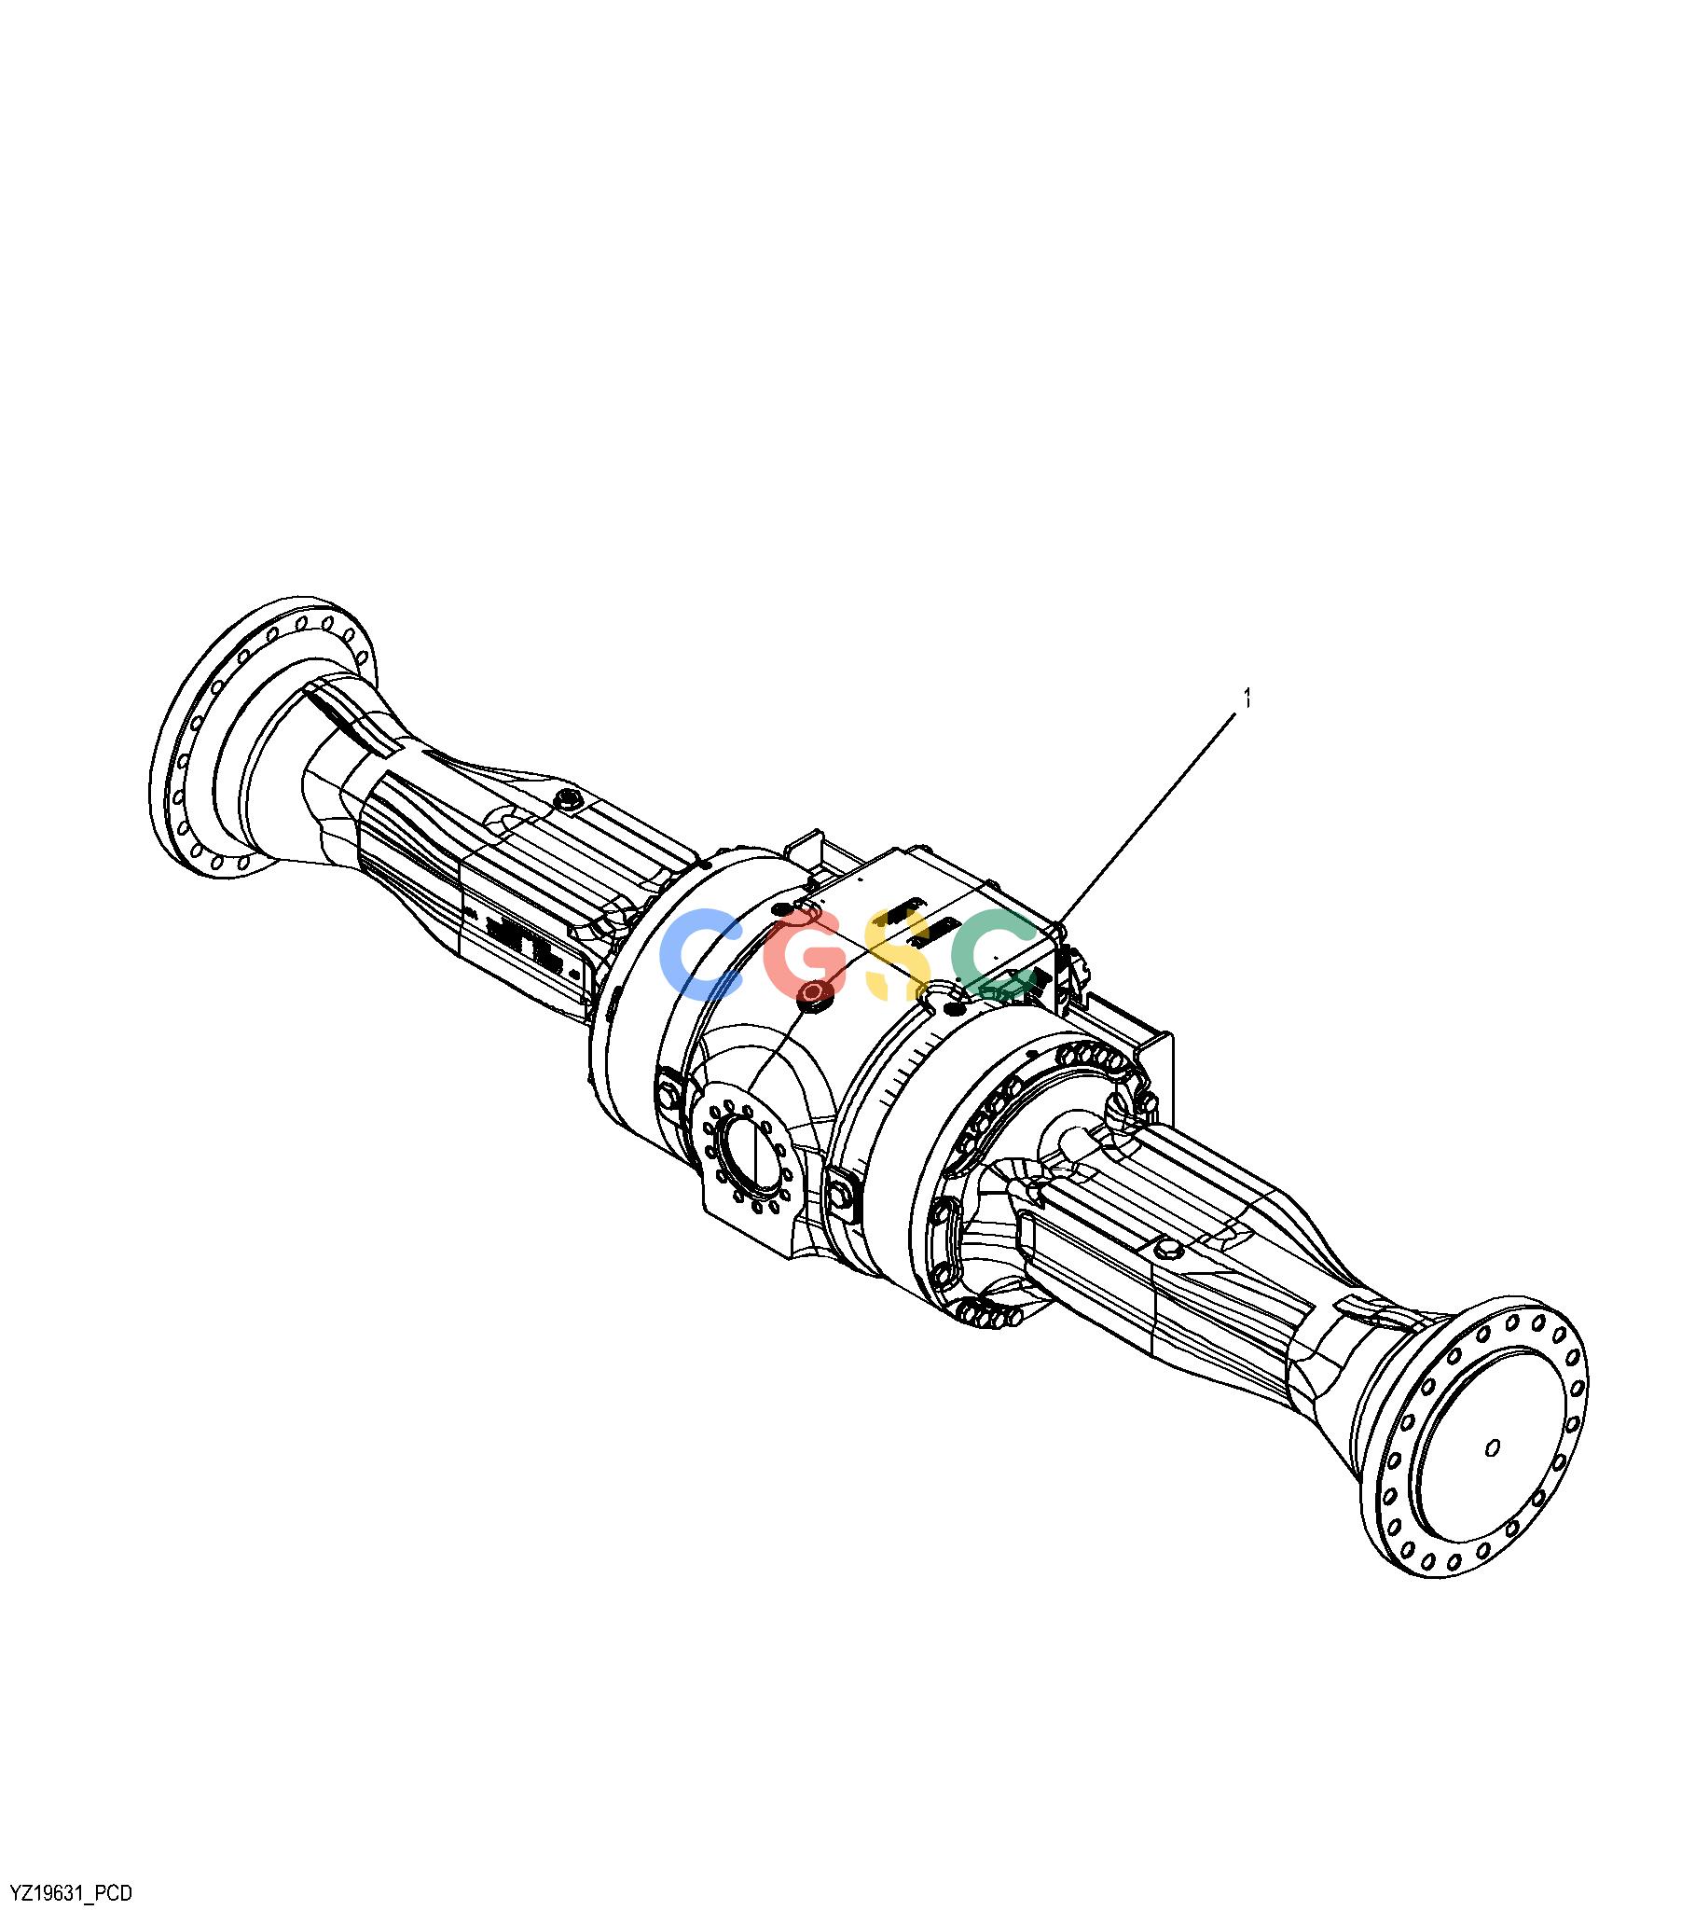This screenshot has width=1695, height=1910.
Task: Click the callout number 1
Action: pos(1246,699)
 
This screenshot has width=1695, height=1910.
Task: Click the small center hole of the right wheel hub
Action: pos(1493,1448)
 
